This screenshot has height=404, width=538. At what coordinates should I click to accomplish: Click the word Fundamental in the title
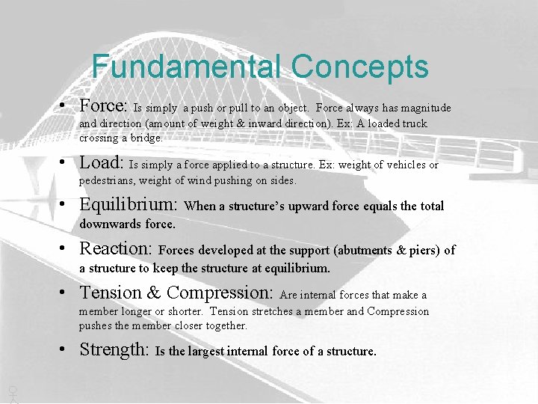point(187,67)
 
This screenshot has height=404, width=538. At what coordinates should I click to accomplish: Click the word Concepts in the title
point(360,67)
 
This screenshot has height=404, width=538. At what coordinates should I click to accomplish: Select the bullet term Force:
point(105,105)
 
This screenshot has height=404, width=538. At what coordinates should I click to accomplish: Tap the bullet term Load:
point(102,162)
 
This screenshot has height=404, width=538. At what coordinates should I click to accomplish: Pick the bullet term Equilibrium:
point(129,204)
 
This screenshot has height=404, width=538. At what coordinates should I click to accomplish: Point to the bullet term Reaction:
point(116,248)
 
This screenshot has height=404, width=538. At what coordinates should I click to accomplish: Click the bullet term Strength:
point(115,349)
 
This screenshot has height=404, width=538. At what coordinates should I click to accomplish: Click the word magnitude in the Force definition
point(426,108)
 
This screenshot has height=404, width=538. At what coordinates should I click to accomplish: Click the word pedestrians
point(109,180)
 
